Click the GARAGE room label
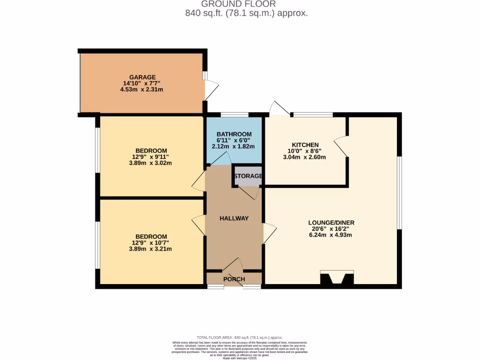[142, 77]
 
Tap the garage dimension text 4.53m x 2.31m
[142, 89]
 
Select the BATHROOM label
[234, 135]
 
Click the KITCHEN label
[305, 145]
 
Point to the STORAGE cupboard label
[248, 176]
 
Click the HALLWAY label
[234, 218]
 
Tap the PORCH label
[234, 279]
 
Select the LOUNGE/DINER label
[331, 223]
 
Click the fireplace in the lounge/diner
[337, 278]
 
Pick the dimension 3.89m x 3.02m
[150, 163]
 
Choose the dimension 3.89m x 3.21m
[151, 249]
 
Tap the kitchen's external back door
[279, 108]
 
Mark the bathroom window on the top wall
[234, 114]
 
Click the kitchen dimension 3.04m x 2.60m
[304, 157]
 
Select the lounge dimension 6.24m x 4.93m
[331, 235]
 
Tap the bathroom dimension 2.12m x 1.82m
[233, 146]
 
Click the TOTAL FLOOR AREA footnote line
[240, 337]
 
